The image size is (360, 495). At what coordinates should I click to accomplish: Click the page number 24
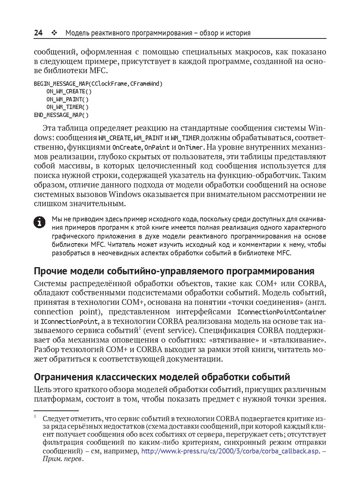38,33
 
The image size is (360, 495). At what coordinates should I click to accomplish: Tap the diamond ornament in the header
54,33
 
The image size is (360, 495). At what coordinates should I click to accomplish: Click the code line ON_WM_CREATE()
69,91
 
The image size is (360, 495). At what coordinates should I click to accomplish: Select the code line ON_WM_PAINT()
67,99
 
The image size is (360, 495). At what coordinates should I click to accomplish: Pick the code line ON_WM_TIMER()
67,107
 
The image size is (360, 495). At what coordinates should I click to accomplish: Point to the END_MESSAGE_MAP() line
61,115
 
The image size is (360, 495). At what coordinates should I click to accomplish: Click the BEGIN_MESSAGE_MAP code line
98,84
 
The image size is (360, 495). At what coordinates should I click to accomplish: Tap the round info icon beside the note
40,222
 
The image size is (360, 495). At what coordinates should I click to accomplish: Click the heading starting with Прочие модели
174,271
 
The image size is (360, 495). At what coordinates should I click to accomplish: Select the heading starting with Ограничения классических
162,377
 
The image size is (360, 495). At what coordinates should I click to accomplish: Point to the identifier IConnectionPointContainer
282,312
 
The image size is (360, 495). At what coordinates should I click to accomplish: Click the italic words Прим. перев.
62,459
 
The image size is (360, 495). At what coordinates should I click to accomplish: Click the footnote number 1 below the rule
35,417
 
